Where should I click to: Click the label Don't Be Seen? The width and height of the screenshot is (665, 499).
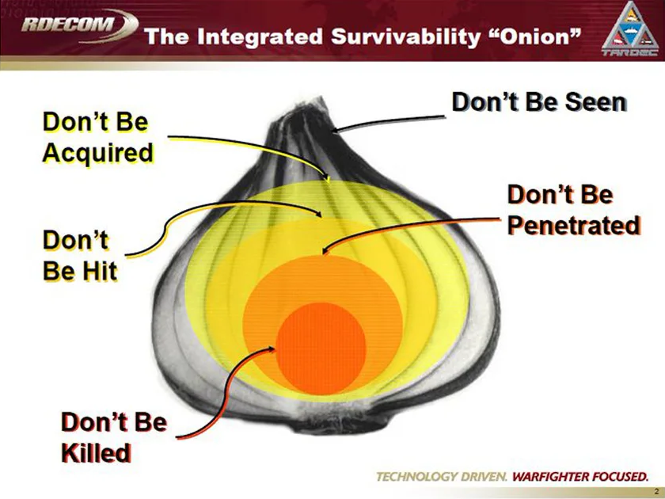538,103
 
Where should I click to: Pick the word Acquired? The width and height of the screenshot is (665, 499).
97,152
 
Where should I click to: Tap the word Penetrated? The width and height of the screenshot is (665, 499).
573,225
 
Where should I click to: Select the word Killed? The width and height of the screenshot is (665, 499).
96,453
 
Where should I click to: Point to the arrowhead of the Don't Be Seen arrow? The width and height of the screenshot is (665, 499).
333,130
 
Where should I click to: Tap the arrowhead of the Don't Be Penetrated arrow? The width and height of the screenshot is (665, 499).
325,252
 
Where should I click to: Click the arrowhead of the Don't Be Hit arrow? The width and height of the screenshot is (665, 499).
320,215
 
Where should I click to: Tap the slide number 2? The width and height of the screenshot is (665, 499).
656,491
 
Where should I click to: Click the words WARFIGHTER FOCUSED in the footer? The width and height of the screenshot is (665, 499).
580,477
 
